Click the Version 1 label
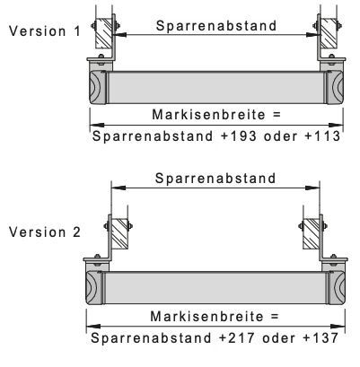point(45,31)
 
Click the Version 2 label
point(45,232)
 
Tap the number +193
point(239,136)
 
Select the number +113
point(322,136)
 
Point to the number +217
point(237,338)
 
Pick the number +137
point(320,338)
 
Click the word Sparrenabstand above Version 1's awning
point(216,26)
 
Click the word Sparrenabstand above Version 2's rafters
point(215,179)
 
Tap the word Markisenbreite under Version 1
point(208,115)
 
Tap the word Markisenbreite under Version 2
point(206,317)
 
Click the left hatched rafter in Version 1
point(104,33)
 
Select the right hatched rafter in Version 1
point(329,33)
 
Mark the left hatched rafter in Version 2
point(119,233)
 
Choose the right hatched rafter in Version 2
point(311,233)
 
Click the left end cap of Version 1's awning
point(98,88)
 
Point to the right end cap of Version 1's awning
point(335,88)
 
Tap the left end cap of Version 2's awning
point(94,288)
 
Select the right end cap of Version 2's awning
point(337,288)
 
